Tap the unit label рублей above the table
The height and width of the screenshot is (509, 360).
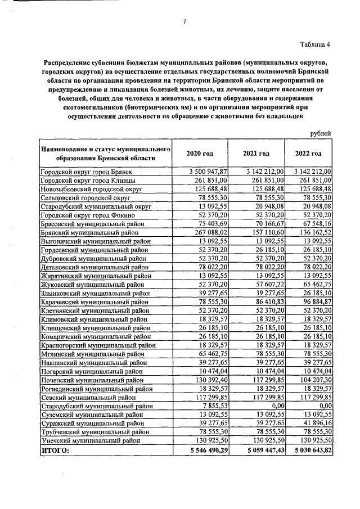(x=321, y=133)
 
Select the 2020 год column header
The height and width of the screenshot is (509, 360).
(x=200, y=154)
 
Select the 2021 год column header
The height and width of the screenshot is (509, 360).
(x=256, y=154)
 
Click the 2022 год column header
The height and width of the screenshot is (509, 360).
(x=308, y=154)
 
